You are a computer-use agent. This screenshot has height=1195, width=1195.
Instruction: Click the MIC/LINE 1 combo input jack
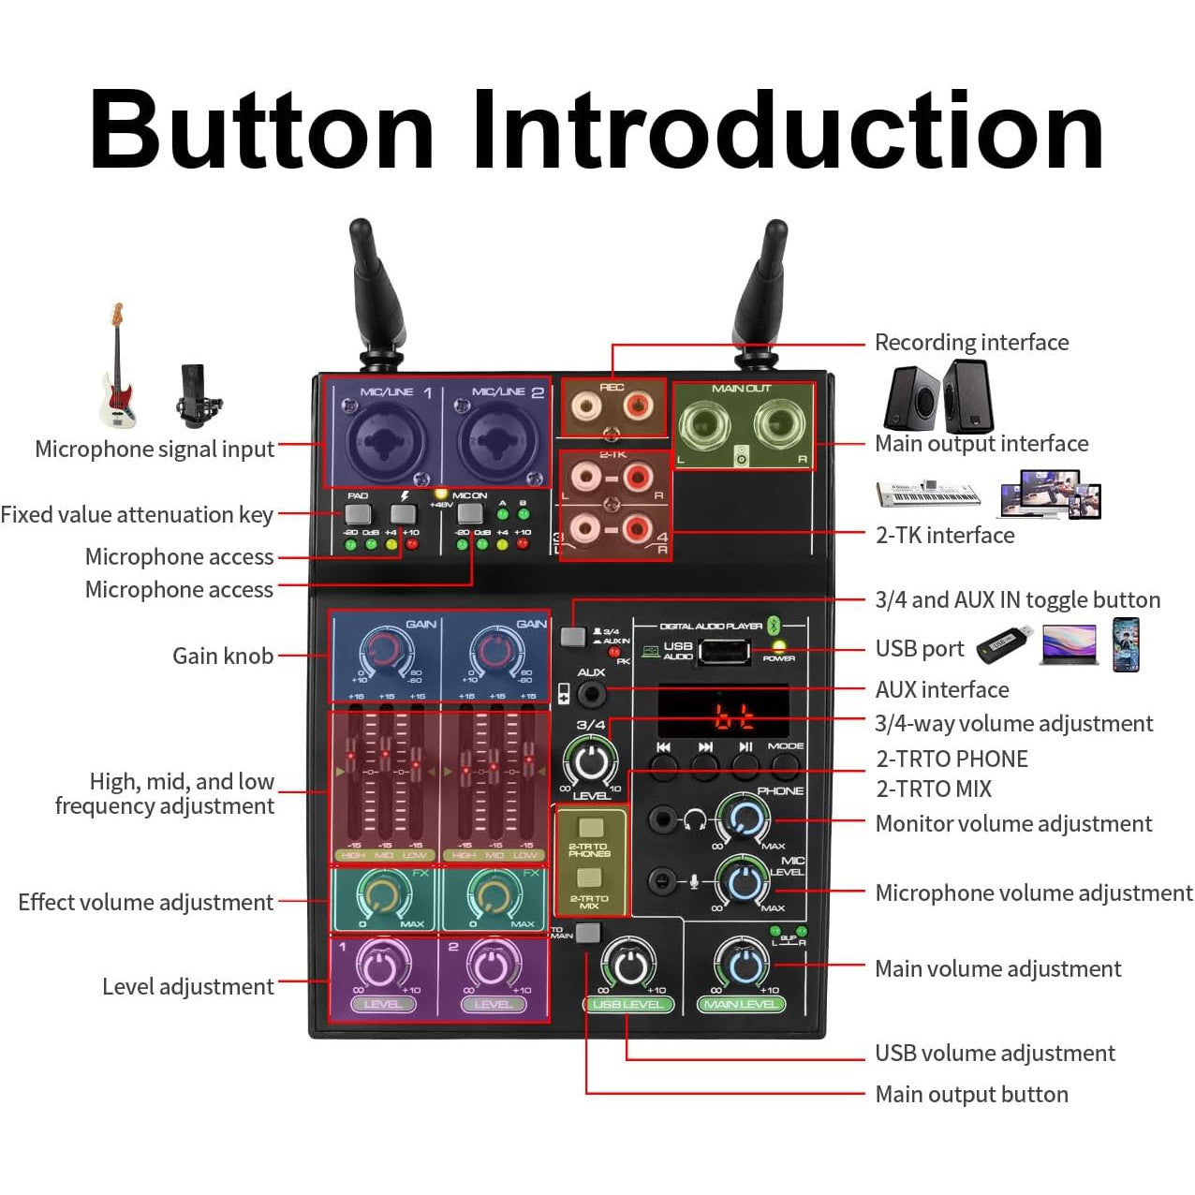coord(384,438)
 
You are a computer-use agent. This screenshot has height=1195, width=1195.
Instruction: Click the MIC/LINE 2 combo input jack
coord(495,438)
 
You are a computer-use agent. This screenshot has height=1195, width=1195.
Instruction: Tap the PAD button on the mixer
coord(358,513)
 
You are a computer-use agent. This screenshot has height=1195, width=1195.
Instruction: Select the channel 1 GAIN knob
coord(385,651)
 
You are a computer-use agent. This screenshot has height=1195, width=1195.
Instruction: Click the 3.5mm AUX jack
coord(591,695)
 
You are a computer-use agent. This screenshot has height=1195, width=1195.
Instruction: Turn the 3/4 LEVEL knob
coord(590,762)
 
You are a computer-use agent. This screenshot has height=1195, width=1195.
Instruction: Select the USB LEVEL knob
coord(628,966)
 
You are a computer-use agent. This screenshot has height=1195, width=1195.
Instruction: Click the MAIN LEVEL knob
coord(742,966)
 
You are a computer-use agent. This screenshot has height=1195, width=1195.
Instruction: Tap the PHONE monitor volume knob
coord(745,819)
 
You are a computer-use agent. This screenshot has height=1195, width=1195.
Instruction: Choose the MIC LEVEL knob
coord(744,882)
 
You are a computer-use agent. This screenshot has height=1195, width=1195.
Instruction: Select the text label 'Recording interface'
coord(971,343)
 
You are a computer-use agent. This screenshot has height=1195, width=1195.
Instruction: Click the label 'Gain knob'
coord(223,656)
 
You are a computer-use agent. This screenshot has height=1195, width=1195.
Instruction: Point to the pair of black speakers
coord(937,395)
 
